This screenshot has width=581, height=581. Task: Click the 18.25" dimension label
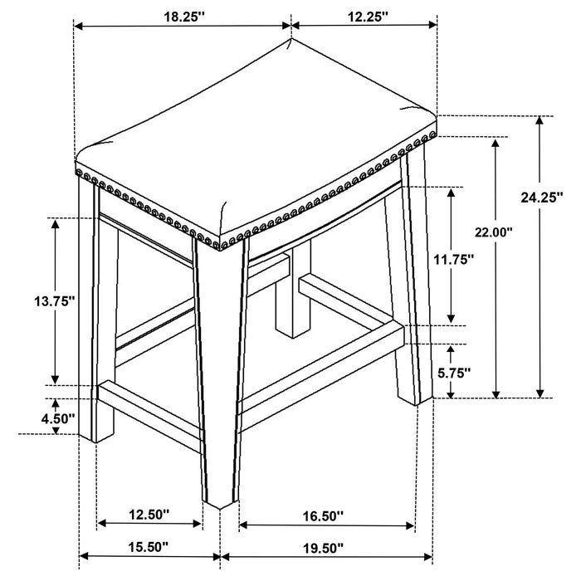(184, 17)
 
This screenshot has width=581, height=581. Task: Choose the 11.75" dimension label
(454, 259)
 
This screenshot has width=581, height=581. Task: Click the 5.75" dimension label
(454, 373)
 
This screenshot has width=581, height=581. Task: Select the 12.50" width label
(149, 515)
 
